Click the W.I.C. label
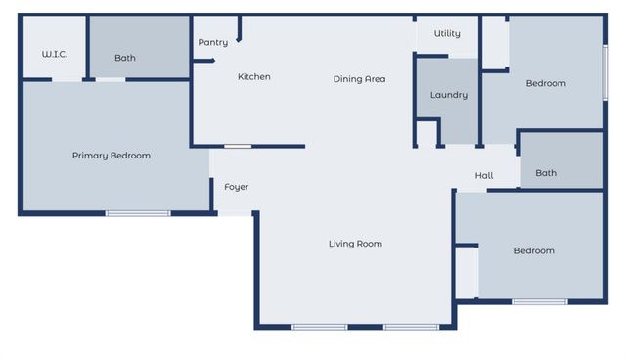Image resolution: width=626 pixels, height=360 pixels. [x=54, y=55]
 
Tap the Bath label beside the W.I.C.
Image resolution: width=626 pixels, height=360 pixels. [x=125, y=58]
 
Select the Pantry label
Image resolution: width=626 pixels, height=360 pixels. [x=212, y=43]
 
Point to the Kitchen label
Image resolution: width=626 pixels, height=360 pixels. [x=253, y=77]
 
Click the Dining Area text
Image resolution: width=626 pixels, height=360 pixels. [x=359, y=79]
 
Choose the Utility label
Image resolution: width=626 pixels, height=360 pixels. [x=447, y=34]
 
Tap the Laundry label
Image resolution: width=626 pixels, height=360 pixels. [x=448, y=96]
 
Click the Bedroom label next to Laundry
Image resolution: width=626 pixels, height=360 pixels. [x=546, y=84]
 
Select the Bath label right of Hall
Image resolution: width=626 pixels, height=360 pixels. [x=546, y=173]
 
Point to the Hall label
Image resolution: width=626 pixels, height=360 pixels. [x=484, y=176]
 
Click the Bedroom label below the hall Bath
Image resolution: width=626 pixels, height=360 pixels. [x=534, y=251]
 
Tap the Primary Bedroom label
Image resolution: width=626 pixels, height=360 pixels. [x=112, y=156]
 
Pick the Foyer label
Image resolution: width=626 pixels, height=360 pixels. [x=237, y=187]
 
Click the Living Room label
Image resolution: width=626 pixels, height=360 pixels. [x=355, y=244]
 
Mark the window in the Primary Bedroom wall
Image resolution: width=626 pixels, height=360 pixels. [x=138, y=212]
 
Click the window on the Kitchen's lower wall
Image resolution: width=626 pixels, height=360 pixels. [x=238, y=147]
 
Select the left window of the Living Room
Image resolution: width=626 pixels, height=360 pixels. [x=319, y=327]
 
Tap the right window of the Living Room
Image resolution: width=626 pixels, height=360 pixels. [x=410, y=327]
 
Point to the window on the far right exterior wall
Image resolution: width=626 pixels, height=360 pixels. [x=605, y=72]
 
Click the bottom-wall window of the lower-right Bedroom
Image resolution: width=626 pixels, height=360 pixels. [x=540, y=301]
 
